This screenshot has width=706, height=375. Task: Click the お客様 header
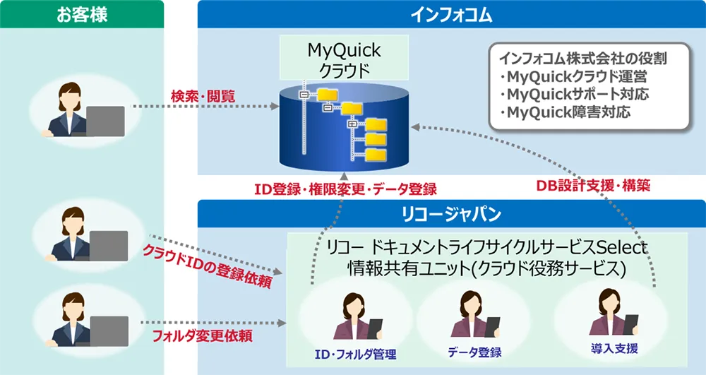click(x=82, y=14)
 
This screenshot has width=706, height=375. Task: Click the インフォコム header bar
click(x=451, y=14)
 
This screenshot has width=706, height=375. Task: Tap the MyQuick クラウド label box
click(x=344, y=59)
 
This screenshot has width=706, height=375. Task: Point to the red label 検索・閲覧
click(x=203, y=96)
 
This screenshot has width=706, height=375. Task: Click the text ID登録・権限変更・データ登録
click(x=345, y=189)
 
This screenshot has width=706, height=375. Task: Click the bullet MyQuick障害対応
click(x=564, y=112)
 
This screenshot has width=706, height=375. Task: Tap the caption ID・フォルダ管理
click(x=355, y=354)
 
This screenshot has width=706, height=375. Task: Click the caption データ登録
click(x=474, y=352)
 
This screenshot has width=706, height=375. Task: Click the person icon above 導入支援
click(x=611, y=314)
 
